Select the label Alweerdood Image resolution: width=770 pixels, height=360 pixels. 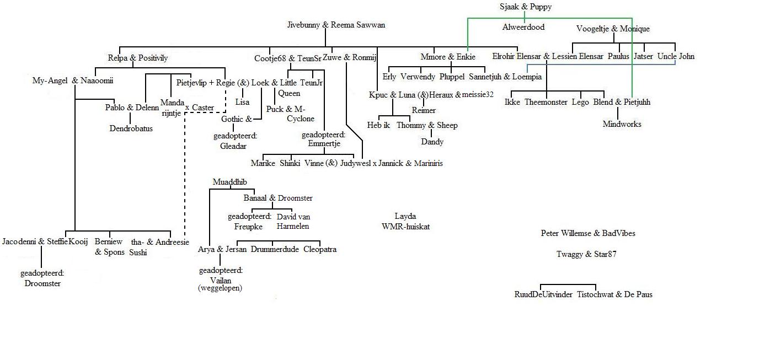[x=523, y=27]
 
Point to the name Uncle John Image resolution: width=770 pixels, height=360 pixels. [x=676, y=56]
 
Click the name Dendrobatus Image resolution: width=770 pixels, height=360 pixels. [x=131, y=128]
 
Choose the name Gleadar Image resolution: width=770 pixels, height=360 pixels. [x=233, y=146]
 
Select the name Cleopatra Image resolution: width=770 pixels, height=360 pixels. [x=320, y=249]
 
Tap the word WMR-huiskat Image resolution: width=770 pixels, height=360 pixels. [x=405, y=226]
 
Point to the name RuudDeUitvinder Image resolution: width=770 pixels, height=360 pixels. [x=543, y=294]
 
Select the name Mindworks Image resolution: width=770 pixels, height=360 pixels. [x=622, y=124]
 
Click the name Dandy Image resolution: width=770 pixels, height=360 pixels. [x=432, y=142]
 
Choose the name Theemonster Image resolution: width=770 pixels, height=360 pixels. [x=546, y=102]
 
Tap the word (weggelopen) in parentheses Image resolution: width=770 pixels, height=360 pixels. [x=220, y=288]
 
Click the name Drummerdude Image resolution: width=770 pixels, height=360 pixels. [x=275, y=249]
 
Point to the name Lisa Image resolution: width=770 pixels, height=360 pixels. [x=242, y=102]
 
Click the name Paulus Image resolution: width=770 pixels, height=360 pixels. [x=618, y=56]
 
